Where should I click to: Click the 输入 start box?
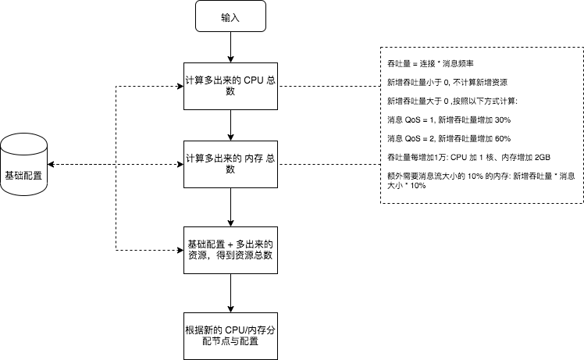point(231,16)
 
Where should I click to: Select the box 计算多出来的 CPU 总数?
point(231,86)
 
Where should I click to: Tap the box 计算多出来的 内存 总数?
point(231,163)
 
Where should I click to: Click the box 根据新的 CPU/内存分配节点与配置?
point(231,336)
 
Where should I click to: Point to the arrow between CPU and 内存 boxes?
point(231,124)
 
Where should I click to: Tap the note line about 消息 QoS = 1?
point(449,119)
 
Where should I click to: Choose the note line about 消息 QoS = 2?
point(449,138)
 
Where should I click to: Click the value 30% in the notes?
point(502,119)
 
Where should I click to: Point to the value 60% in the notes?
point(502,138)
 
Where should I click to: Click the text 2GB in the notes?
point(550,158)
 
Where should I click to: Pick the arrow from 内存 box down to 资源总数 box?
point(231,205)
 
